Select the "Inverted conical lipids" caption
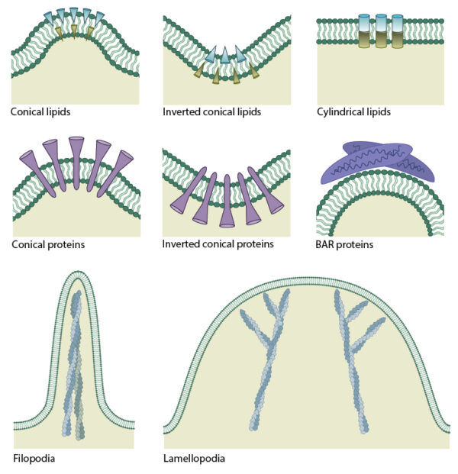(x=211, y=112)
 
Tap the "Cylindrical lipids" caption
(x=353, y=112)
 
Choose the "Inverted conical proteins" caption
(x=218, y=245)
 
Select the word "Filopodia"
(x=34, y=459)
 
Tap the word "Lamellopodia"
(x=194, y=459)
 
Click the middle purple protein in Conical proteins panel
(x=76, y=161)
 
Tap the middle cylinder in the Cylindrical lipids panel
(x=380, y=31)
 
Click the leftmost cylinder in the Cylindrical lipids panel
(x=363, y=31)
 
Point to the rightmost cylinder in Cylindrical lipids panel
(x=397, y=31)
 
